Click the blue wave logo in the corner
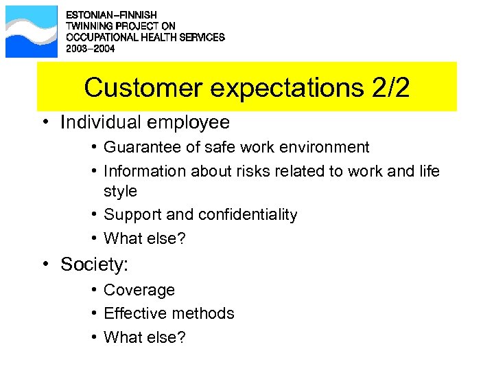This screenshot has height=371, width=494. click(x=32, y=32)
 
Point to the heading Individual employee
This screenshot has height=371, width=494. click(x=145, y=122)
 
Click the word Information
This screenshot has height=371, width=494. click(x=143, y=170)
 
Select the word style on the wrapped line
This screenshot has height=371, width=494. click(x=120, y=191)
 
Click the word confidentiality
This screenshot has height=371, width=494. click(x=248, y=214)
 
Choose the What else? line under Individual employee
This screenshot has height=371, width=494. click(x=144, y=238)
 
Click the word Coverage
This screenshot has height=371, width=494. click(x=139, y=290)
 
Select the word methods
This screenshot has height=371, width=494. click(x=202, y=313)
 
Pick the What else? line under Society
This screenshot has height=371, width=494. click(x=144, y=337)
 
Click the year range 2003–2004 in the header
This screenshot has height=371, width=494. click(x=91, y=49)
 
